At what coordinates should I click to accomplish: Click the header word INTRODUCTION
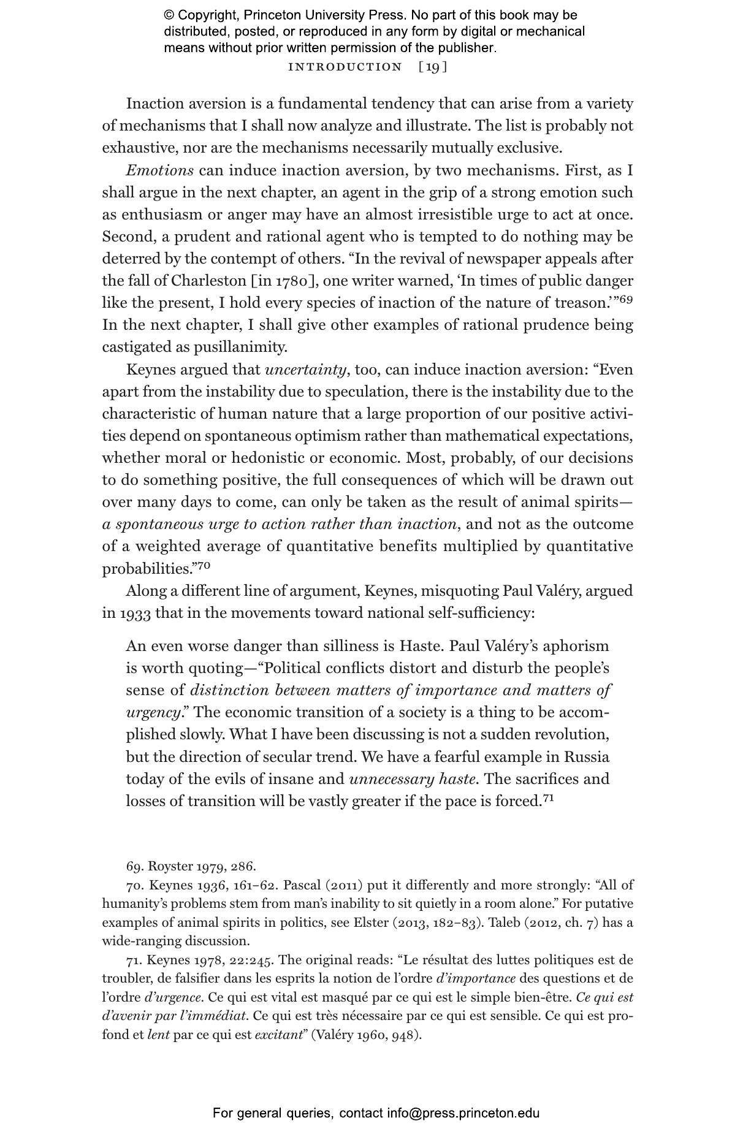(345, 67)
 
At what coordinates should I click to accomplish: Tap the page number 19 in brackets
(433, 67)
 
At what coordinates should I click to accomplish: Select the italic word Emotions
(160, 170)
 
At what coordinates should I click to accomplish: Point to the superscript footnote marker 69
(626, 299)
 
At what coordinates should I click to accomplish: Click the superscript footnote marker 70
(204, 565)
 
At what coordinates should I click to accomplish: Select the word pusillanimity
(240, 348)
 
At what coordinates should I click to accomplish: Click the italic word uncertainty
(305, 370)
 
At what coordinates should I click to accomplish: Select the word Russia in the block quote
(586, 757)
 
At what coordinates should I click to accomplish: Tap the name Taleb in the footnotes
(504, 923)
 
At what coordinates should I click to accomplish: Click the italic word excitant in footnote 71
(279, 1035)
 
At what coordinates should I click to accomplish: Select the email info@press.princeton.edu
(463, 1113)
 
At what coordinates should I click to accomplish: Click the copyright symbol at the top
(169, 15)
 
